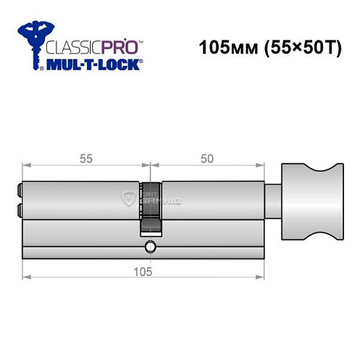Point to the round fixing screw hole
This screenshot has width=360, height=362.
tap(150, 246)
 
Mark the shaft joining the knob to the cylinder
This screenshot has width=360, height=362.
tap(272, 195)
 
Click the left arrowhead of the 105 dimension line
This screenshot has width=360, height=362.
tap(26, 276)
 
